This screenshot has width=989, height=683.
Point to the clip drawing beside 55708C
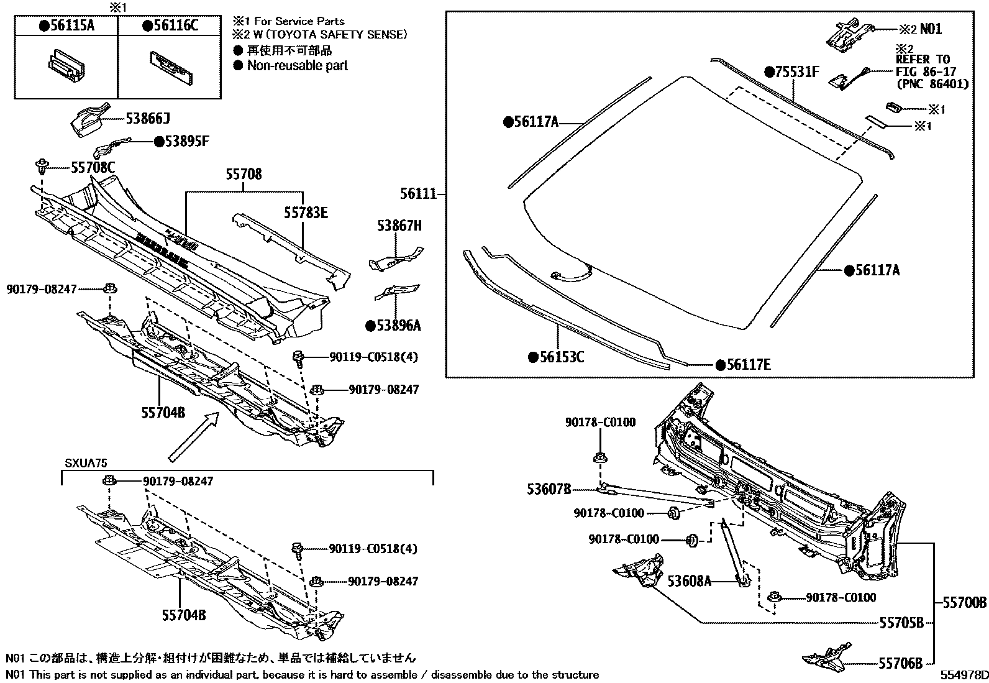pyautogui.click(x=42, y=167)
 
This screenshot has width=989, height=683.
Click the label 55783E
pyautogui.click(x=306, y=213)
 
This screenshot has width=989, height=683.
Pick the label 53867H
pyautogui.click(x=399, y=226)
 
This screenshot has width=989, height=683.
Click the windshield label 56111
pyautogui.click(x=419, y=194)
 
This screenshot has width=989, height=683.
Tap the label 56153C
pyautogui.click(x=560, y=357)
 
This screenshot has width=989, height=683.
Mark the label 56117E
pyautogui.click(x=748, y=365)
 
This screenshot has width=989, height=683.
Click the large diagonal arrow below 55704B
pyautogui.click(x=194, y=439)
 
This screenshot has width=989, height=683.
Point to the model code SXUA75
pyautogui.click(x=86, y=464)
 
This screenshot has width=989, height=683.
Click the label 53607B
pyautogui.click(x=549, y=489)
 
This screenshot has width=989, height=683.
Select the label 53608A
pyautogui.click(x=688, y=581)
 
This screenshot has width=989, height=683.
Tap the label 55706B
pyautogui.click(x=901, y=664)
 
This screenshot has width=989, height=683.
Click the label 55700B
pyautogui.click(x=964, y=602)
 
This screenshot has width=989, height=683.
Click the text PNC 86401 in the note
pyautogui.click(x=932, y=83)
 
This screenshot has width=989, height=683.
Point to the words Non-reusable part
pyautogui.click(x=297, y=66)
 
